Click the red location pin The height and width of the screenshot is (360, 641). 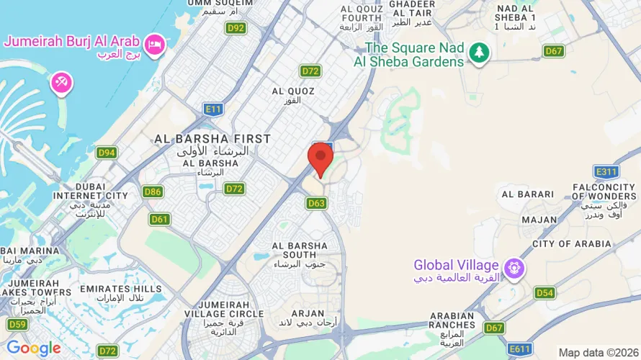point(320,158)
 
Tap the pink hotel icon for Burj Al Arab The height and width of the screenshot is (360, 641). point(156,45)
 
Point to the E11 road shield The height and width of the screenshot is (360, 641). point(212,109)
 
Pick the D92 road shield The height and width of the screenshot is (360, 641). point(236,29)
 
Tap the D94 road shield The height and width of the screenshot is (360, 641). point(107,153)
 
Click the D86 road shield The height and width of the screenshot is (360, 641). point(152,192)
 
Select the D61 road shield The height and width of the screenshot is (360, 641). point(159,219)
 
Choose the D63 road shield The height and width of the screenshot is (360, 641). point(317,204)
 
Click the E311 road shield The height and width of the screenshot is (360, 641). point(606,172)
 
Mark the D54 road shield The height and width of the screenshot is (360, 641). point(544,293)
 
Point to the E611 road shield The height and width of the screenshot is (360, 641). point(519,349)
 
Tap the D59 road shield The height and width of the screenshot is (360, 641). point(17,325)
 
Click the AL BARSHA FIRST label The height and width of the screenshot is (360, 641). point(212,138)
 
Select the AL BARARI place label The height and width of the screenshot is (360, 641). point(528,194)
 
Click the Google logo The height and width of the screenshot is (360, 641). point(33,349)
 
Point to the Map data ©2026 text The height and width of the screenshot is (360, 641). point(597,352)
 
